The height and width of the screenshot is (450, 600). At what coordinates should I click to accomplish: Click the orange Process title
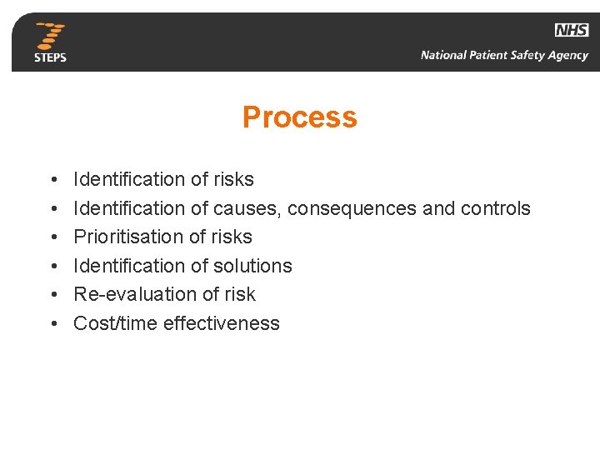[299, 117]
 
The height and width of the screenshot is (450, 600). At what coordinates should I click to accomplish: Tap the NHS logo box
[571, 30]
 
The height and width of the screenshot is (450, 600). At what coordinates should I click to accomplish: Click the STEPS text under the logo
[50, 57]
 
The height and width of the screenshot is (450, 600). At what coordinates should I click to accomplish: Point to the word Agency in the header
[567, 56]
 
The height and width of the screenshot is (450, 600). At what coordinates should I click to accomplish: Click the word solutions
[252, 266]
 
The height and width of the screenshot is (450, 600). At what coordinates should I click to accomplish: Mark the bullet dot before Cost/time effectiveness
[52, 324]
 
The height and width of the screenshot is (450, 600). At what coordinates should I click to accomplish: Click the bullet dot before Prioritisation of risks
[52, 237]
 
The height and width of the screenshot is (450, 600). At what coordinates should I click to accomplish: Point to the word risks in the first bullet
[233, 179]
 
